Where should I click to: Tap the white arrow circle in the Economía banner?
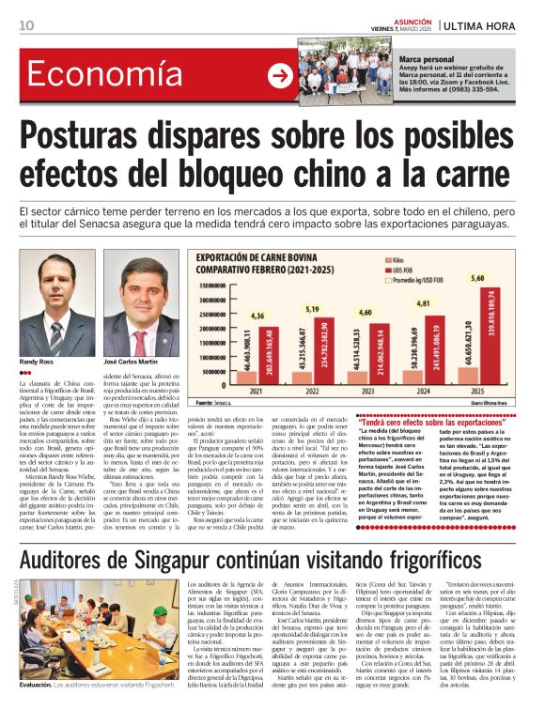click(x=280, y=75)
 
